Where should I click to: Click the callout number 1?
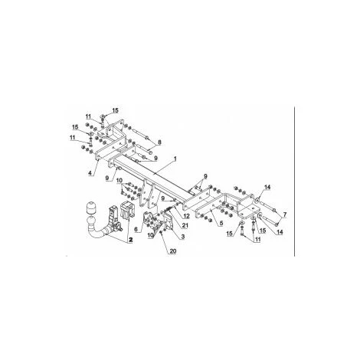pos(175,159)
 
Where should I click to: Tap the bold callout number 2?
pos(131,240)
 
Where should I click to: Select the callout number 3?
pos(182,237)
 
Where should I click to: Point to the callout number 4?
pos(90,173)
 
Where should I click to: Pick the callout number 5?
pos(221,223)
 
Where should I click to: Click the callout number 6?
pos(136,230)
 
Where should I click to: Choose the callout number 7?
pos(285,214)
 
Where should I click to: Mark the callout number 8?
pos(160,142)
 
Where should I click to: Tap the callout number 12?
pos(186,216)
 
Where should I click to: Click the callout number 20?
pos(173,251)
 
